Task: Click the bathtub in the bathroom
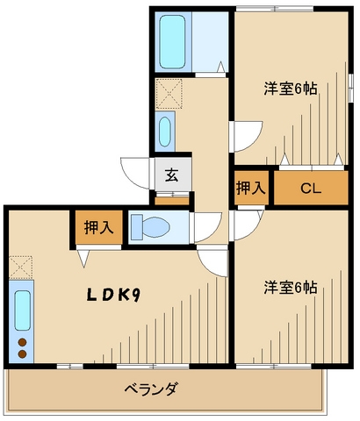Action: click(x=173, y=41)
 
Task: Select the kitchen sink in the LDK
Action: click(x=23, y=310)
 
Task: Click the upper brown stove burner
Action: click(x=22, y=342)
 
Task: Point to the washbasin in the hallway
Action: click(x=165, y=132)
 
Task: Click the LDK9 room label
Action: click(x=113, y=296)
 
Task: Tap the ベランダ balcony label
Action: click(x=151, y=389)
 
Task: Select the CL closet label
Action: click(x=311, y=189)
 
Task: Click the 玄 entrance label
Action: click(x=172, y=175)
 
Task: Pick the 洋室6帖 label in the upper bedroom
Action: click(x=291, y=89)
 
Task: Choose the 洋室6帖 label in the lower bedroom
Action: click(x=291, y=288)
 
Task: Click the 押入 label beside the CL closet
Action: click(x=251, y=188)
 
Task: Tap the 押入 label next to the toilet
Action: click(x=99, y=227)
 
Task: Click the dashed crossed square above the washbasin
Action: click(x=169, y=94)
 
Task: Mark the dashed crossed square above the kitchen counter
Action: click(x=20, y=268)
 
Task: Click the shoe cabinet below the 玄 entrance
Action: click(x=172, y=201)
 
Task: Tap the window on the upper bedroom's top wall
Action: click(x=275, y=9)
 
